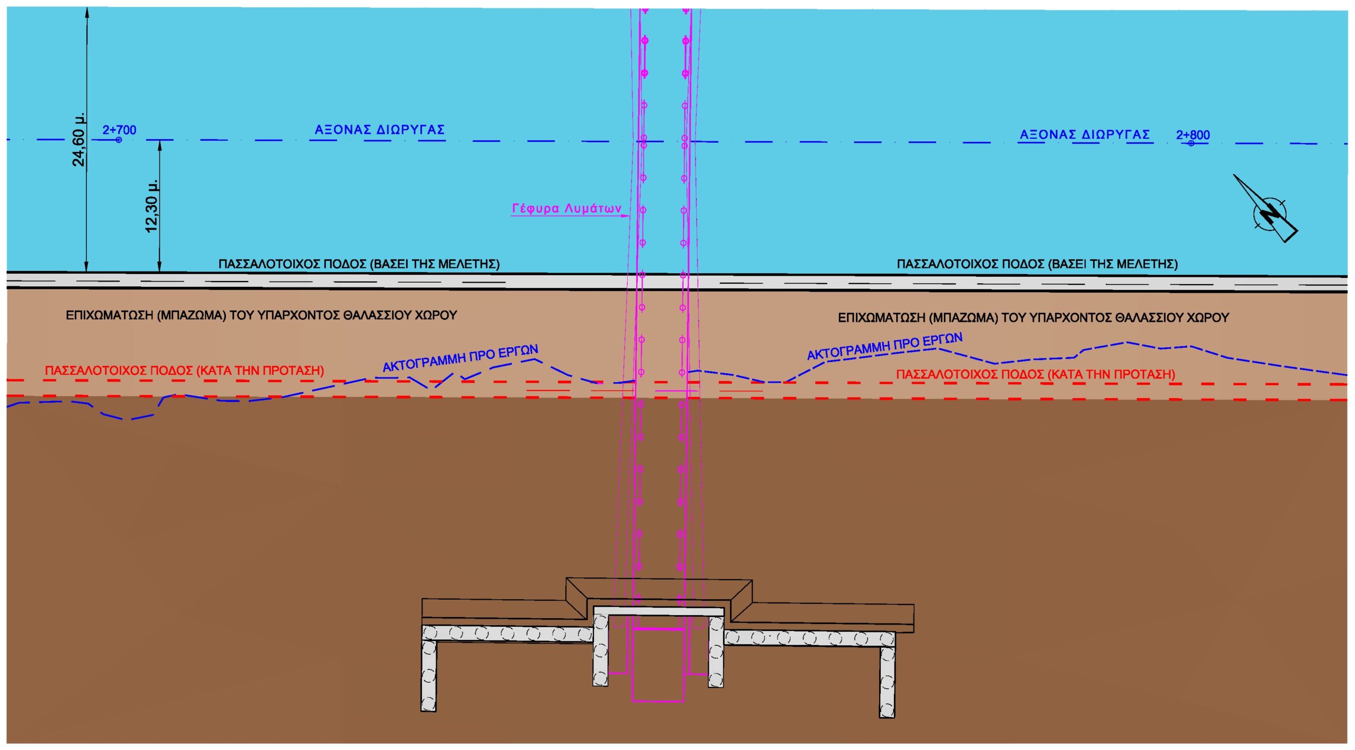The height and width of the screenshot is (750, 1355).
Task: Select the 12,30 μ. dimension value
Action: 151,206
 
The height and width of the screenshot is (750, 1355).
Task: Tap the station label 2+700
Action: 119,130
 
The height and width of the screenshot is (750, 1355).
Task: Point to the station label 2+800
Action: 1193,135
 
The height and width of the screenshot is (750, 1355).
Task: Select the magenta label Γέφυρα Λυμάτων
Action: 566,209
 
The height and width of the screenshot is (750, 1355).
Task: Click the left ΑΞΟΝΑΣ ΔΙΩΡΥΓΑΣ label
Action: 380,130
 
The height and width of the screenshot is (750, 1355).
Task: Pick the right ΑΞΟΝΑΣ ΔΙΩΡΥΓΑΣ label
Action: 1085,134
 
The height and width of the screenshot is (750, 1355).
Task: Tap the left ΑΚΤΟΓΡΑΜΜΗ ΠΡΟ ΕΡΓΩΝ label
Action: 460,358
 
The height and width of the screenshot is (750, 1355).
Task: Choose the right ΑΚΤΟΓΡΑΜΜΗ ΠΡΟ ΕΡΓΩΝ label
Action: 884,347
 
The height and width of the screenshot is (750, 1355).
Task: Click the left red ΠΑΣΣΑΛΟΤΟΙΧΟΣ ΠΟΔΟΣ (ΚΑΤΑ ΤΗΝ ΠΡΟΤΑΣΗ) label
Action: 184,371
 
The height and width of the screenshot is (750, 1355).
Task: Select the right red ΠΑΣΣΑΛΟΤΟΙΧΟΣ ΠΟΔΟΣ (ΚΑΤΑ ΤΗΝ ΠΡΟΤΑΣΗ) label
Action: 1035,374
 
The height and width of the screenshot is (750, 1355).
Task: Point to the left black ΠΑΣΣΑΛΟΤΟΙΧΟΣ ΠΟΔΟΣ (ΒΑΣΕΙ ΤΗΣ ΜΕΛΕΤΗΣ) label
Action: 359,264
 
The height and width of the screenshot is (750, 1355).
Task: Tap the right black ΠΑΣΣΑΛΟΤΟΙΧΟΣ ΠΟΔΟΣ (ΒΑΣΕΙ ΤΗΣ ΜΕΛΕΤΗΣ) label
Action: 1037,264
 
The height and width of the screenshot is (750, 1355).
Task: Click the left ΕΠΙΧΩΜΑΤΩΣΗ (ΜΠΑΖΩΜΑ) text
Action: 261,315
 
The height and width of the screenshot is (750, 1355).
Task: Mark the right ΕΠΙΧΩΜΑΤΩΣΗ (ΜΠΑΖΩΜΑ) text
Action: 1033,318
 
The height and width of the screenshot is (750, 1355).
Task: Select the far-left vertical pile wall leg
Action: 429,675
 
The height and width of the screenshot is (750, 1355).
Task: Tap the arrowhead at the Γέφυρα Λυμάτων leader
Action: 627,216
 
